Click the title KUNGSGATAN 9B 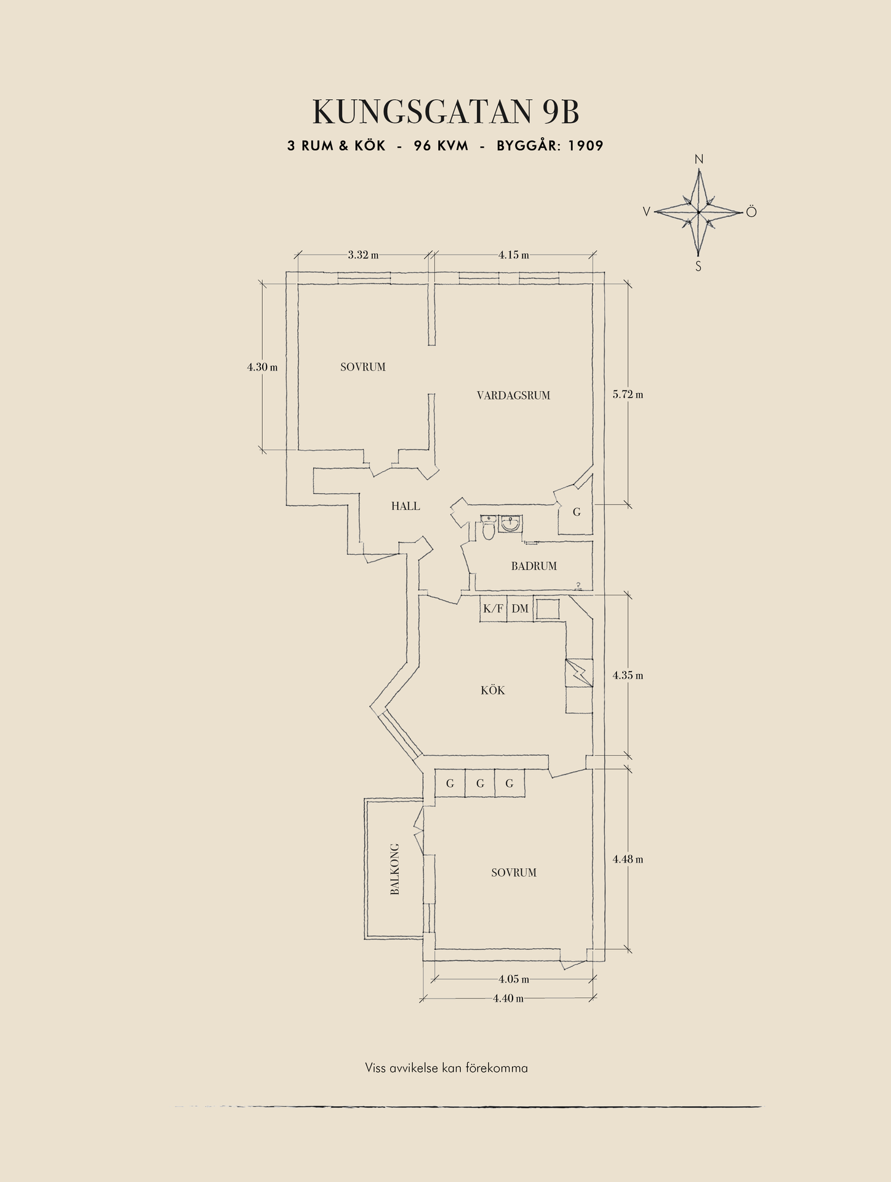[446, 112]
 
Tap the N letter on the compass [699, 159]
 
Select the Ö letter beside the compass [751, 212]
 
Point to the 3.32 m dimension [363, 255]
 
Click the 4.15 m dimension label [514, 255]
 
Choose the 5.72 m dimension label [628, 394]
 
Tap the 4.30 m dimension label [262, 367]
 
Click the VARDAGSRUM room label [513, 395]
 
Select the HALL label [406, 506]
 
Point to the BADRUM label [533, 566]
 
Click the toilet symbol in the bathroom [489, 528]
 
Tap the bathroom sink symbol [511, 524]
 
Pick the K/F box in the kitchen [493, 608]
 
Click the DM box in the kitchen [520, 608]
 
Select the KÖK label [493, 691]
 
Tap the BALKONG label [395, 869]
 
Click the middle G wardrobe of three [480, 784]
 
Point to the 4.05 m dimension [514, 979]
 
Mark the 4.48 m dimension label [628, 859]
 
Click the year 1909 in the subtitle [585, 146]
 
